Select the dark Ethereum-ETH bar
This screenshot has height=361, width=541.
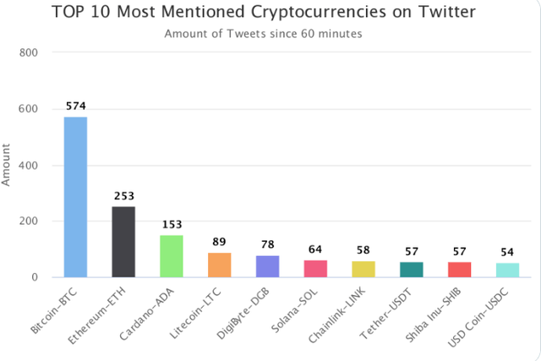[x=123, y=241]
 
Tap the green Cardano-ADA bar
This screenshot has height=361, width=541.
[x=172, y=255]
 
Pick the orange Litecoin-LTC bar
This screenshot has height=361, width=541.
[x=220, y=265]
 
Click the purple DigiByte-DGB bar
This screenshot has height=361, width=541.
[x=267, y=265]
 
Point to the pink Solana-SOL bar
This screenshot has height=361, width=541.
[x=315, y=268]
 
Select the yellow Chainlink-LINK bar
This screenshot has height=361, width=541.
[x=363, y=269]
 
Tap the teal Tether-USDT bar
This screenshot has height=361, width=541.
[x=412, y=269]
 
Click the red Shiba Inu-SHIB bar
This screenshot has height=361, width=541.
[x=459, y=269]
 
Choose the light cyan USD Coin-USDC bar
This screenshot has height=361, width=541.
[x=507, y=270]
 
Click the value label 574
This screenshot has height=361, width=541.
[x=76, y=107]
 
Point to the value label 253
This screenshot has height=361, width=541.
[x=123, y=196]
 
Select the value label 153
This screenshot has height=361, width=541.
[x=172, y=225]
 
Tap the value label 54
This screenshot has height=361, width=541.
[x=507, y=253]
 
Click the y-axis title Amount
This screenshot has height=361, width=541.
[x=8, y=165]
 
